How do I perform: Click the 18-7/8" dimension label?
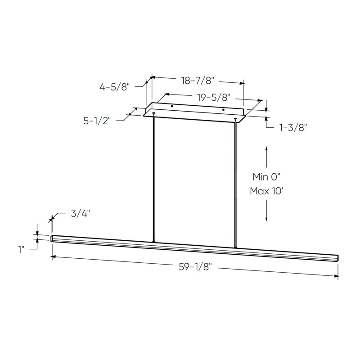(198, 81)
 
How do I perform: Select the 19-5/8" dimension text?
(213, 98)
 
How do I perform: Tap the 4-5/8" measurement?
(115, 87)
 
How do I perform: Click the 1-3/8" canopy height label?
(293, 127)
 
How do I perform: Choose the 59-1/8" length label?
(195, 267)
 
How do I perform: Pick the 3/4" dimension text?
(80, 213)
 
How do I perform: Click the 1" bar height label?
(21, 250)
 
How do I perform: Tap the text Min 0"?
(266, 177)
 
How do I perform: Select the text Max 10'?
(266, 191)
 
